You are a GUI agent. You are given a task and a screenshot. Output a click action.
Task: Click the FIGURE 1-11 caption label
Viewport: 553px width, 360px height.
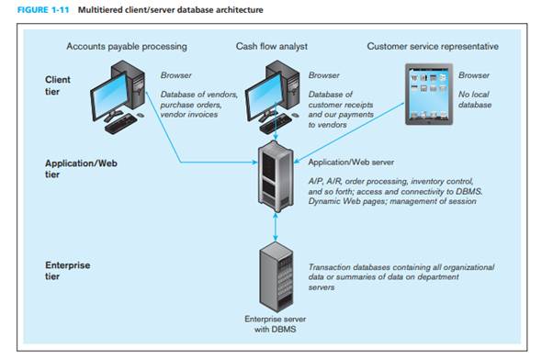(43, 10)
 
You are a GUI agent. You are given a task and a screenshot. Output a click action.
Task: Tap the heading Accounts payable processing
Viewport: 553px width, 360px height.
(127, 46)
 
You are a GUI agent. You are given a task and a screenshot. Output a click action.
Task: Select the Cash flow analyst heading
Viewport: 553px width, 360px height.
(272, 46)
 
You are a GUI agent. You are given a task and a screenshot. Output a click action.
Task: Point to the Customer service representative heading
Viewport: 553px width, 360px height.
(433, 46)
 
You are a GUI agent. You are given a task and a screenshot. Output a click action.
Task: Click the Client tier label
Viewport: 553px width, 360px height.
(58, 85)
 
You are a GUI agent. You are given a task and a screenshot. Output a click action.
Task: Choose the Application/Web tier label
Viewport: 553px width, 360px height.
(81, 169)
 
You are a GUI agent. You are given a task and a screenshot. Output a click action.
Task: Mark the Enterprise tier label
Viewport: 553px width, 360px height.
(67, 270)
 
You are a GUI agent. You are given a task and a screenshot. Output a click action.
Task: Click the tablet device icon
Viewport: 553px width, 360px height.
(429, 95)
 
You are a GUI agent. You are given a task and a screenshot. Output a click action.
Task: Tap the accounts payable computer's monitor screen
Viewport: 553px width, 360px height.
(109, 96)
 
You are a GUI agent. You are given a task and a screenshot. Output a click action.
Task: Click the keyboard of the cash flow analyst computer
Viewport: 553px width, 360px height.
(275, 124)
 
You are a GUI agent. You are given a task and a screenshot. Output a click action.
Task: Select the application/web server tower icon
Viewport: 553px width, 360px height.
(276, 176)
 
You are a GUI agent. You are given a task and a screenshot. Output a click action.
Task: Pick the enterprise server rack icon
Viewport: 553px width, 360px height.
(276, 276)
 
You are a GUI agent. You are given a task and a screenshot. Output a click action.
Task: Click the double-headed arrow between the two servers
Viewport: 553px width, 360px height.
(276, 227)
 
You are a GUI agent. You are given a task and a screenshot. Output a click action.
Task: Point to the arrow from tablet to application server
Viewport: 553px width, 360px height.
(349, 133)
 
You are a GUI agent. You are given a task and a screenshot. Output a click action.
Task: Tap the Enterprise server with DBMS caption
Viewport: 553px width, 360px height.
(275, 324)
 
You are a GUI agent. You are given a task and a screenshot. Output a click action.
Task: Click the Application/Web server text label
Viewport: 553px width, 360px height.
(351, 163)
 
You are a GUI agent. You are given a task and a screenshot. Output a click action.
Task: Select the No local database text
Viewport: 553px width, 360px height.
(475, 99)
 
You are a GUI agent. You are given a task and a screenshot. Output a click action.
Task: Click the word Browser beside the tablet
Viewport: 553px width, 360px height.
(474, 75)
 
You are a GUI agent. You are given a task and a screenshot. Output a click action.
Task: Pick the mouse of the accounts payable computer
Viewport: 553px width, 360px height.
(141, 115)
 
